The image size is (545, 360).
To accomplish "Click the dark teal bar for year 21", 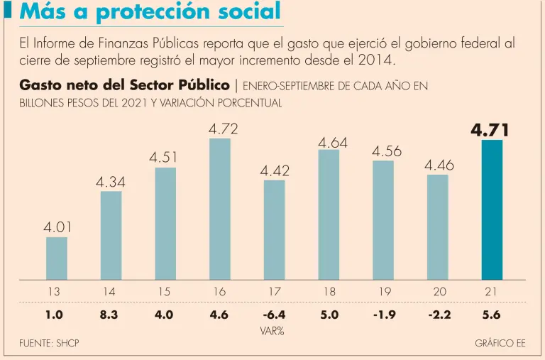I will pos(492,209).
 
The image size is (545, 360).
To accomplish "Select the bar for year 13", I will pos(57,258).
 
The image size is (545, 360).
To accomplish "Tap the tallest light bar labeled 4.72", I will pos(220,209).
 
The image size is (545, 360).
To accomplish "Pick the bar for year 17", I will pos(274,229).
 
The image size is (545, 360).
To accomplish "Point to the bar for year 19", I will pos(382,220).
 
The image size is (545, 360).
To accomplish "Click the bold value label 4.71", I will pos(490,131).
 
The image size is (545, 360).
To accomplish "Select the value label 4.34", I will pos(111,182).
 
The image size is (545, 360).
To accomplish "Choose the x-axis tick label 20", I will pos(439,292).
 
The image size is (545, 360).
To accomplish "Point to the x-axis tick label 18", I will pos(329,292).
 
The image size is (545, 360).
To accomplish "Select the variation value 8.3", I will pos(109,315).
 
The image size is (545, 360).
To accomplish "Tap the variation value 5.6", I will pos(491,315).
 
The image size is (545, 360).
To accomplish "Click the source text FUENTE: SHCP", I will pos(49,344).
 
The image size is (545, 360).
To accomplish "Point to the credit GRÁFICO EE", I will pos(500,344).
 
